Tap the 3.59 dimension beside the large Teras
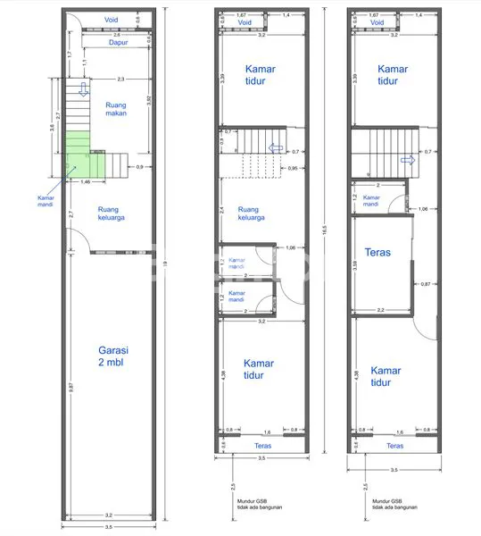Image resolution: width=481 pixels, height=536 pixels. pos(355,264)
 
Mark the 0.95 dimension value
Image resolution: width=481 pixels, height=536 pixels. pos(293,168)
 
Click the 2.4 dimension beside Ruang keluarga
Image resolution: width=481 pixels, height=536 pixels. pos(222,210)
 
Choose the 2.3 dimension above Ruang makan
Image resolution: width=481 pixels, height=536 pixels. pos(120,79)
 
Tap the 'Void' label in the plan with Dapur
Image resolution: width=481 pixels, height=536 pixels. pos(112,18)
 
